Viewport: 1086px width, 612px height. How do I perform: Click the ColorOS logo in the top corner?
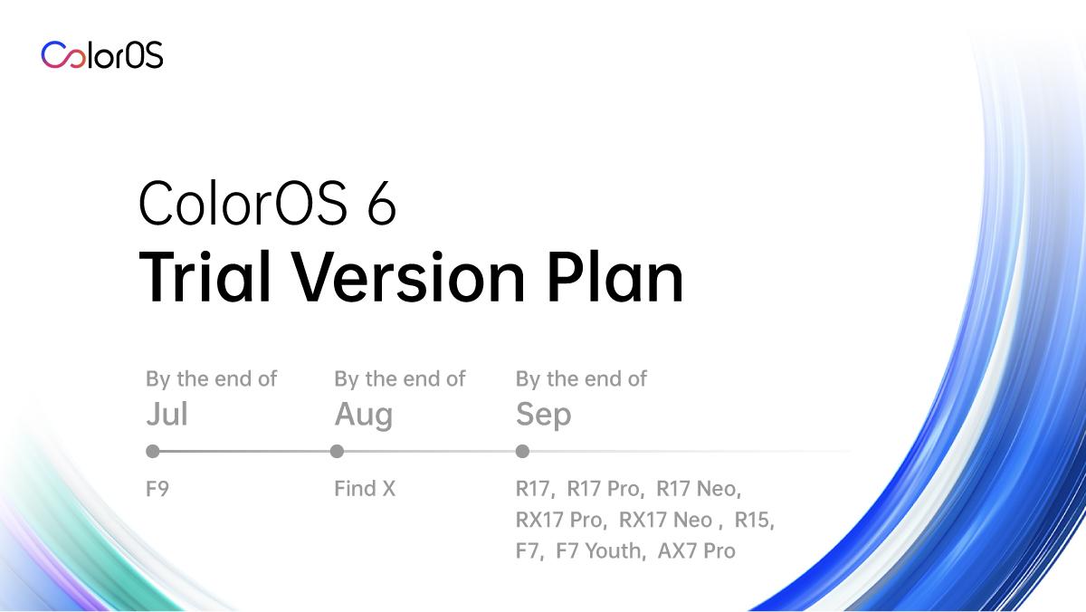pyautogui.click(x=101, y=55)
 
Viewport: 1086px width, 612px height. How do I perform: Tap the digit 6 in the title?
pyautogui.click(x=382, y=203)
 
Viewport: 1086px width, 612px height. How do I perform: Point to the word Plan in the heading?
pyautogui.click(x=615, y=276)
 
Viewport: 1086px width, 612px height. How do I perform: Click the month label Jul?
pyautogui.click(x=167, y=414)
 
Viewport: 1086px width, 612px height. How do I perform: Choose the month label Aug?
pyautogui.click(x=364, y=416)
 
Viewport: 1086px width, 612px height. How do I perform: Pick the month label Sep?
pyautogui.click(x=544, y=416)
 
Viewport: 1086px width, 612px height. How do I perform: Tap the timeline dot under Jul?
pyautogui.click(x=153, y=452)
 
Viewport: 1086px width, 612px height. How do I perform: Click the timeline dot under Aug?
pyautogui.click(x=337, y=452)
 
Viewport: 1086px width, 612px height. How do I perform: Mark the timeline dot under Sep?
pyautogui.click(x=523, y=452)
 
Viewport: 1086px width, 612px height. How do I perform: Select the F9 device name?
pyautogui.click(x=157, y=489)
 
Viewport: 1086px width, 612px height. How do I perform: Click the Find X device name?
pyautogui.click(x=365, y=489)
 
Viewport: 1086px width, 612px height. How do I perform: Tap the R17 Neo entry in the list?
pyautogui.click(x=696, y=489)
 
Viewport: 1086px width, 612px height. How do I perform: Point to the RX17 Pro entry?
pyautogui.click(x=559, y=520)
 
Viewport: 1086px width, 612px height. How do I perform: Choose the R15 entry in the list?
pyautogui.click(x=752, y=520)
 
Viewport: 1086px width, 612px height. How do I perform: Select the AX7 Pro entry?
pyautogui.click(x=697, y=551)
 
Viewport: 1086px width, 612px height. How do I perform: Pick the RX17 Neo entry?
pyautogui.click(x=666, y=520)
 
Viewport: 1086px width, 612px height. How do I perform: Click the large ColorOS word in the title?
pyautogui.click(x=243, y=203)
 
